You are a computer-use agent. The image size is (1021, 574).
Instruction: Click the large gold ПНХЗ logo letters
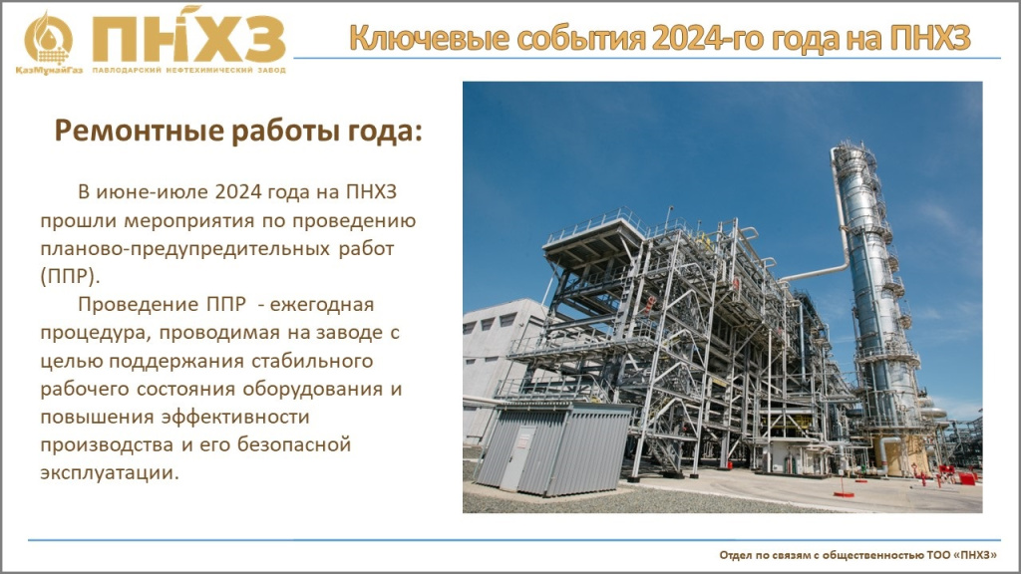(x=188, y=39)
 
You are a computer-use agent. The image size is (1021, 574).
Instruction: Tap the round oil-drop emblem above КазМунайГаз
(x=48, y=39)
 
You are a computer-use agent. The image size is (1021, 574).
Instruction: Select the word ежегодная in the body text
(x=322, y=305)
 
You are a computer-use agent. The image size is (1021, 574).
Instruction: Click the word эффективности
(x=235, y=417)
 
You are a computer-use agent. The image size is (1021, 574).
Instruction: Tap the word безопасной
(x=294, y=444)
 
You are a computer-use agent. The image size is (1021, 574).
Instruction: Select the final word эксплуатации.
(x=110, y=473)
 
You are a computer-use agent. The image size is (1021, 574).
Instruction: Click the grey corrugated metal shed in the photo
(x=552, y=449)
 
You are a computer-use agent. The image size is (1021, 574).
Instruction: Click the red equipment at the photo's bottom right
(x=966, y=478)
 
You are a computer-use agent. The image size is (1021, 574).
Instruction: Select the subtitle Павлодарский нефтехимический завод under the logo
(x=188, y=70)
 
